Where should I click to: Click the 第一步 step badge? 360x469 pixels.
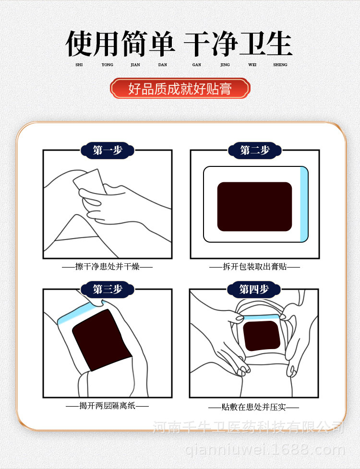click(x=108, y=150)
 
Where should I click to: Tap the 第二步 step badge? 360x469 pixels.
click(x=255, y=150)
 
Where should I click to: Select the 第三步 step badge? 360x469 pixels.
click(x=108, y=289)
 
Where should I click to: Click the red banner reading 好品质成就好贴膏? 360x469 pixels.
click(x=180, y=89)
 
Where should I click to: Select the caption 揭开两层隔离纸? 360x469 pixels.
click(x=108, y=406)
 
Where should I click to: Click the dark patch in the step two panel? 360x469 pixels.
click(x=254, y=206)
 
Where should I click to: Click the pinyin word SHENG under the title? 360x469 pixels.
click(x=280, y=65)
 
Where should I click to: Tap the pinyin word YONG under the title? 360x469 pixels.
click(x=108, y=65)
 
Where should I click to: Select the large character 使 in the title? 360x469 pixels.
click(x=79, y=44)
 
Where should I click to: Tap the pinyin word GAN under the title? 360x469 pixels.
click(x=197, y=65)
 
